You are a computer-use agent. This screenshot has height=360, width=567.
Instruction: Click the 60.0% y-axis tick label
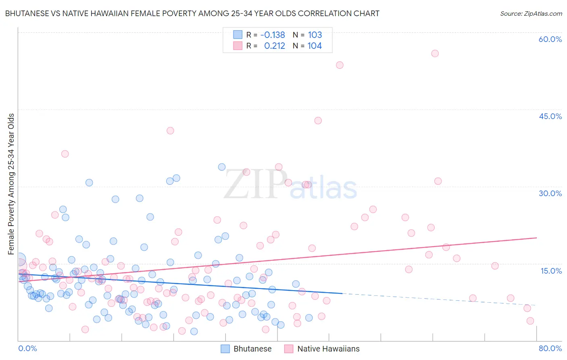550,39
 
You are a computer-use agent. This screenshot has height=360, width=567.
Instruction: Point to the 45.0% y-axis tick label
550,116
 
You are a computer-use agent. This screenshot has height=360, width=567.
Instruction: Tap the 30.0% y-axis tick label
550,193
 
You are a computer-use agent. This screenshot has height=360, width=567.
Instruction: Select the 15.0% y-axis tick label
551,270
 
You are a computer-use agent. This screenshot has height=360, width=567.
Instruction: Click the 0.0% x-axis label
27,348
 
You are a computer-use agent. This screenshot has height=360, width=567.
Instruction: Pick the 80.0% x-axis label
550,348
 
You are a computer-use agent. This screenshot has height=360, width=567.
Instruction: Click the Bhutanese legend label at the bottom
252,349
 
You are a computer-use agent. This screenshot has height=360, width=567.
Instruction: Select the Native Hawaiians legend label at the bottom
328,349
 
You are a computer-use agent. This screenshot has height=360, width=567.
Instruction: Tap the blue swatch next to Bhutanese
225,349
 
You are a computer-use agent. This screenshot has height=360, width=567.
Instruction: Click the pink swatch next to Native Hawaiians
289,349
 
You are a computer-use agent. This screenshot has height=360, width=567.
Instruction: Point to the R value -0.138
273,35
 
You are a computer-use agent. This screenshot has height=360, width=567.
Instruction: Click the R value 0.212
275,46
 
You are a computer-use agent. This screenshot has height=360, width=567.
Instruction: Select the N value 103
315,35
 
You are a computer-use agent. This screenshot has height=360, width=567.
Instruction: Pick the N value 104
315,46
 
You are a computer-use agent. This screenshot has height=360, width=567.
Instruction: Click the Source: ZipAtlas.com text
531,13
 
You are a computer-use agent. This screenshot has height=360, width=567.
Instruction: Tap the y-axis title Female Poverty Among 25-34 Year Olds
11,184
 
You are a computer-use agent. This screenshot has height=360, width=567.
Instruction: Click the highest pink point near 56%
435,53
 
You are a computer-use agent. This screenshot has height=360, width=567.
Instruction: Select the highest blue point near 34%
222,167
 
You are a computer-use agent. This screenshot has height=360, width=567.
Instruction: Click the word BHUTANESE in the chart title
29,13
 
